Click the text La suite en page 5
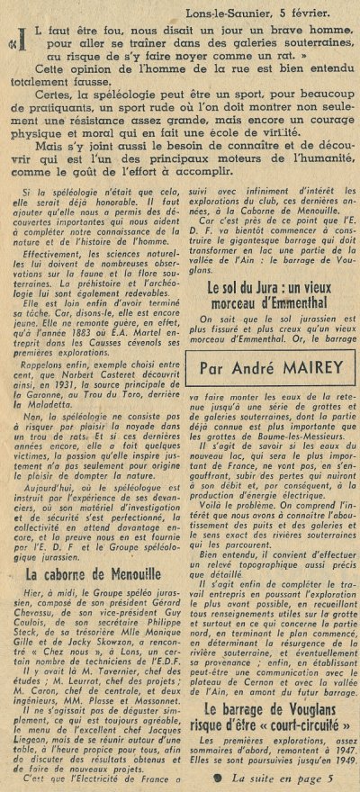274,777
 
